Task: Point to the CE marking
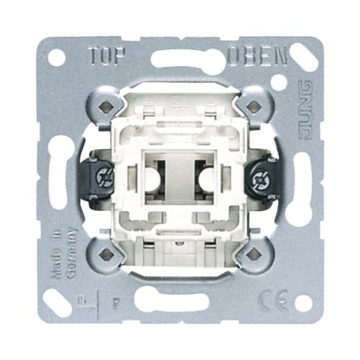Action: coord(269,302)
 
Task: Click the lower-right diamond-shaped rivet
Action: coord(252,253)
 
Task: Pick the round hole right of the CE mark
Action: coord(303,303)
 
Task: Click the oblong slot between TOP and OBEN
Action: coord(179,59)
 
